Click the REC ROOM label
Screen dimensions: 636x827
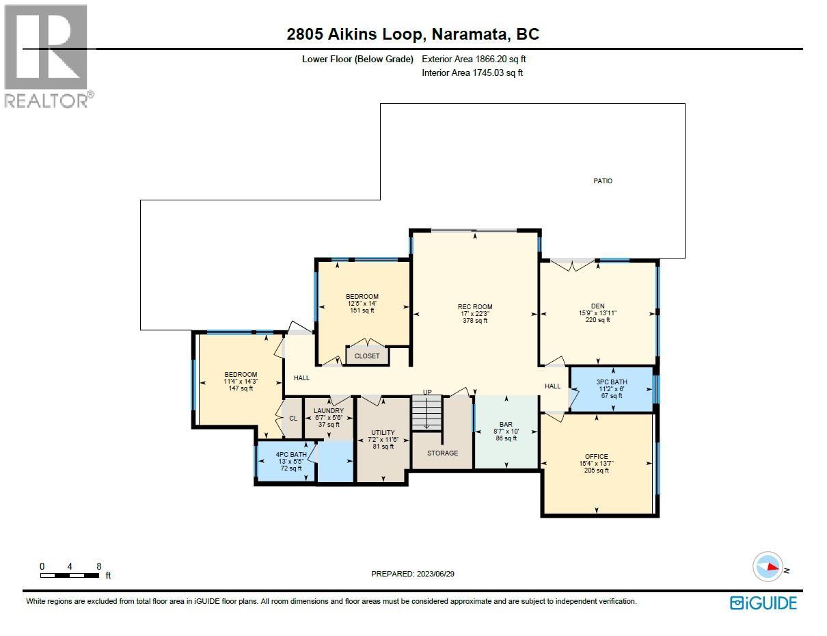coord(475,307)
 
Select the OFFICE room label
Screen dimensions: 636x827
coord(596,457)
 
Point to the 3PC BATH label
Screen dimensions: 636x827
coord(611,382)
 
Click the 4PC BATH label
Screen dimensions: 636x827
coord(291,455)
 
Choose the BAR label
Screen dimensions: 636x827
coord(506,425)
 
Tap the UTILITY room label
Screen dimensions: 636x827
coord(383,433)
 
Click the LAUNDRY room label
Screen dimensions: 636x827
coord(328,411)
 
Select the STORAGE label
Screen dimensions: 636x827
coord(442,453)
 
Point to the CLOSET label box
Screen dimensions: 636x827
coord(367,356)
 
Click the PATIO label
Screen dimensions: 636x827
coord(603,181)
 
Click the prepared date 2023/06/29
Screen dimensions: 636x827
coord(412,574)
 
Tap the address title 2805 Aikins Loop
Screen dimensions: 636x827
coord(413,34)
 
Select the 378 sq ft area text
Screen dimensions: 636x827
coord(475,321)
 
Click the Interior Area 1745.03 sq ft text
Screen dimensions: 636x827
coord(472,72)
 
